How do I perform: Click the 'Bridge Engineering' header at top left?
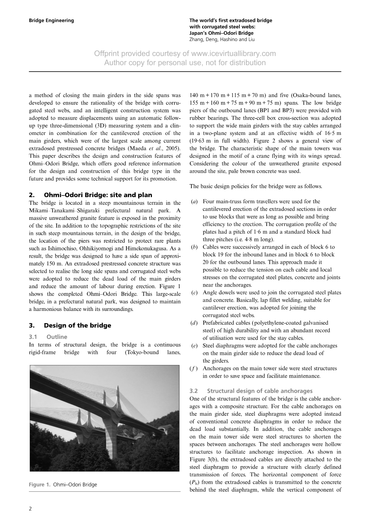coord(51,20)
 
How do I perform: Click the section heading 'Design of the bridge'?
coord(77,326)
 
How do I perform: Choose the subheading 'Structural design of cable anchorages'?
coord(260,391)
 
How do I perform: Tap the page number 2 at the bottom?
coord(30,508)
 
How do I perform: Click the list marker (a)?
coord(194,202)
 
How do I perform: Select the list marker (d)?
coord(194,323)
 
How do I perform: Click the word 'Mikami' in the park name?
coord(38,211)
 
